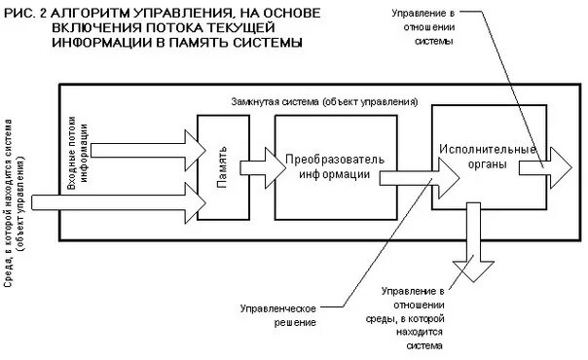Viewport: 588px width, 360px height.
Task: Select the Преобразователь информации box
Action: pyautogui.click(x=334, y=166)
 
